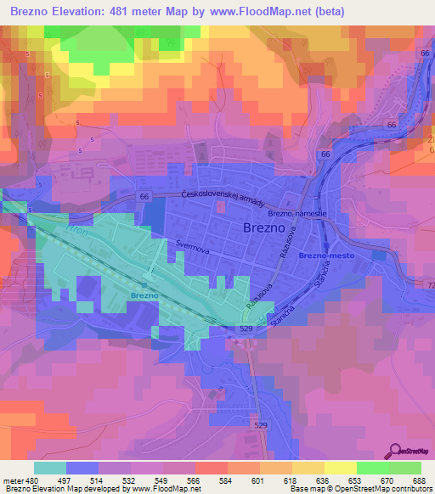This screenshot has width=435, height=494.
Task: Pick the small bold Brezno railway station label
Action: click(144, 295)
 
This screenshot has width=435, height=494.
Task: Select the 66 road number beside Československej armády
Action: click(144, 197)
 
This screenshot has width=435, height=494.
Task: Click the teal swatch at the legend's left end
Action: click(49, 468)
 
